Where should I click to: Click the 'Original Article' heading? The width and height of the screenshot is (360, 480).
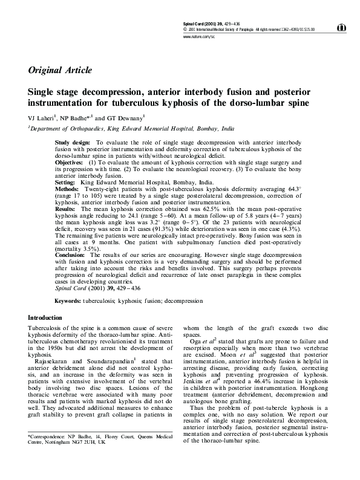60,70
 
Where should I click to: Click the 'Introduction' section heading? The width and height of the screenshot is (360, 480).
45,318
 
